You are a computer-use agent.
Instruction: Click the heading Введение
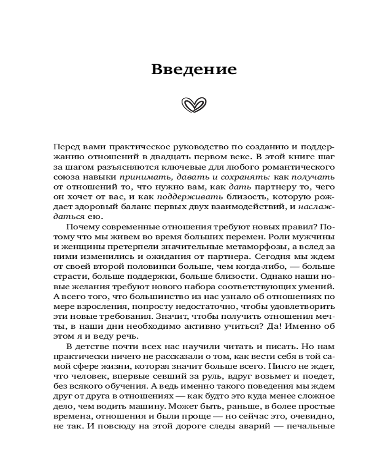194,69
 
